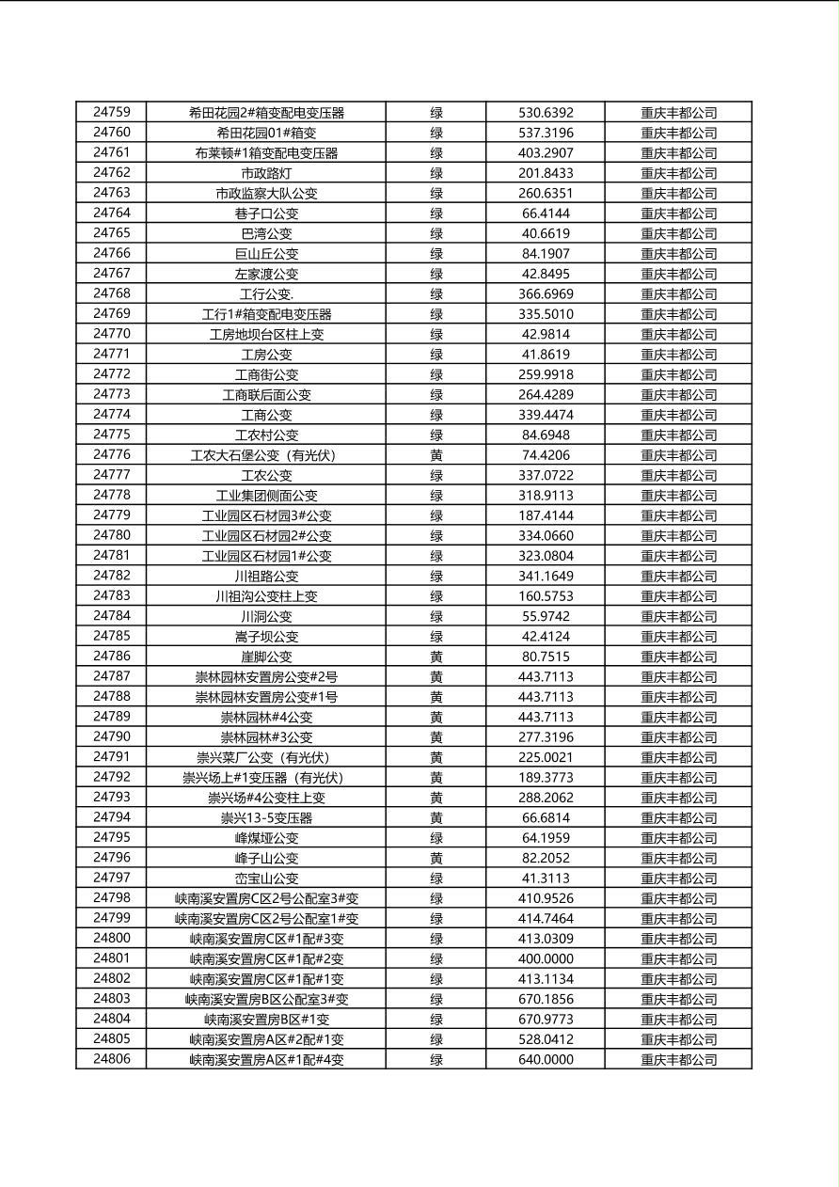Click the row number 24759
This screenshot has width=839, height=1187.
[x=112, y=112]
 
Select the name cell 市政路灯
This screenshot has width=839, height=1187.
[x=266, y=173]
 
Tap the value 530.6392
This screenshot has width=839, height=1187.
[x=546, y=113]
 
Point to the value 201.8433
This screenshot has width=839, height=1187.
[x=546, y=173]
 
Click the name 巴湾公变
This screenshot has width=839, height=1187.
[x=266, y=233]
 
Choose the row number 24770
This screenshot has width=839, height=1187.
[x=112, y=334]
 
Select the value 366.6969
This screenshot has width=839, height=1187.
[x=546, y=293]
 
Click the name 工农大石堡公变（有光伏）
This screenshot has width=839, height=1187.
[x=266, y=455]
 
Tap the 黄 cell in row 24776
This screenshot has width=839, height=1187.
[x=436, y=455]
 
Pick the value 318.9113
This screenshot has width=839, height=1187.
[x=546, y=496]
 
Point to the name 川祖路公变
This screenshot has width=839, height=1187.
[x=266, y=576]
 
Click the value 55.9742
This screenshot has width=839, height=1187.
[x=546, y=616]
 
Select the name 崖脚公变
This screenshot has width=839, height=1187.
[x=266, y=657]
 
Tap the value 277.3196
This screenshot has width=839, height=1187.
[x=546, y=737]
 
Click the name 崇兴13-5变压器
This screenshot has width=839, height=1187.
[x=266, y=818]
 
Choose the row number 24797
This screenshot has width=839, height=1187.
[x=112, y=878]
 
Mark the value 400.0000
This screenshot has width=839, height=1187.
[x=546, y=958]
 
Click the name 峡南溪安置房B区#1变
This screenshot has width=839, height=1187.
[x=266, y=1020]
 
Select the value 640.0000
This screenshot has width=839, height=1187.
[x=546, y=1060]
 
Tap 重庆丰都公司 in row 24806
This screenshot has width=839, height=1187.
[x=678, y=1060]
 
